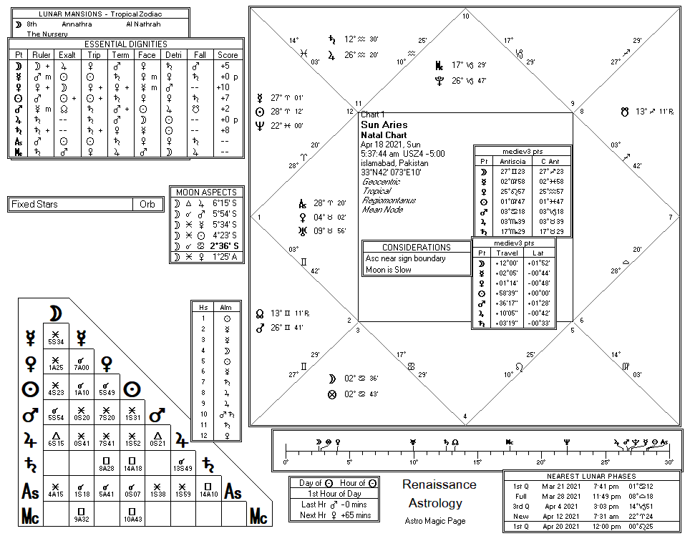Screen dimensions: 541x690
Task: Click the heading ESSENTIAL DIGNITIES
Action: pyautogui.click(x=125, y=43)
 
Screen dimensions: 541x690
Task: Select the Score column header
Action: pyautogui.click(x=228, y=54)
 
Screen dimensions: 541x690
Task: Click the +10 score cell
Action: pyautogui.click(x=224, y=87)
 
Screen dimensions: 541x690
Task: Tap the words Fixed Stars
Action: pyautogui.click(x=34, y=204)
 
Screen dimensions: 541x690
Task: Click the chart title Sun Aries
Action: pyautogui.click(x=384, y=125)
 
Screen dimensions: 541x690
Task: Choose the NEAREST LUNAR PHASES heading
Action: pyautogui.click(x=591, y=476)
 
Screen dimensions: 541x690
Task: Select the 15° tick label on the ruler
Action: pyautogui.click(x=477, y=462)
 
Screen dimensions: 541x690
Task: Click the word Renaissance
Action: pyautogui.click(x=439, y=484)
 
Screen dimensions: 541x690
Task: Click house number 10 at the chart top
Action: pyautogui.click(x=465, y=16)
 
